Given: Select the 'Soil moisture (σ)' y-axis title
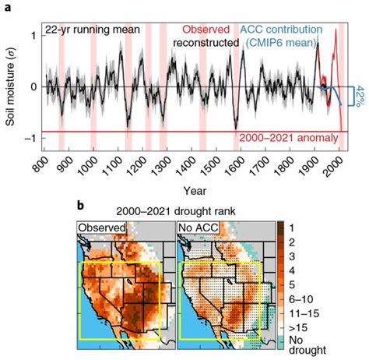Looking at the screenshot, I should [x=9, y=86].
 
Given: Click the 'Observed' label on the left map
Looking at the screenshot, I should [x=102, y=228].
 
